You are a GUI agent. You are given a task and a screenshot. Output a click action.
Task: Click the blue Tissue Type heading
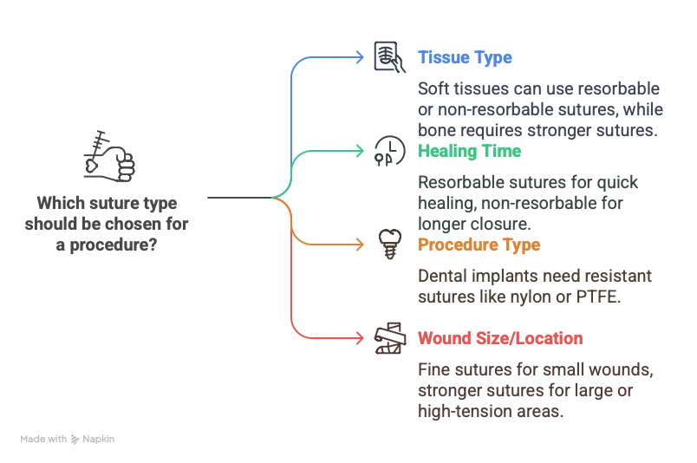[x=465, y=58]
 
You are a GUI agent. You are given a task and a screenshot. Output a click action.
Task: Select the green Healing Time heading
[x=469, y=151]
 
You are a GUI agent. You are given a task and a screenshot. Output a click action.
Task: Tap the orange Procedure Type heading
[x=479, y=245]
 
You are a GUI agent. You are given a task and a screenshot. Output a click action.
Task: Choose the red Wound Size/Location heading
[x=500, y=338]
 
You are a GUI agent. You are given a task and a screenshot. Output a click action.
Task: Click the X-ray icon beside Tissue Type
[x=389, y=57]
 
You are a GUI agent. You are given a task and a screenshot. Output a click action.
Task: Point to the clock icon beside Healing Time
[x=389, y=151]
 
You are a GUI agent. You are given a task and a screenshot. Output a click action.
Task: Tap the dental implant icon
[x=390, y=244]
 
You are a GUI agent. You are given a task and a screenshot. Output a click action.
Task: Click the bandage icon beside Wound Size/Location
[x=390, y=338]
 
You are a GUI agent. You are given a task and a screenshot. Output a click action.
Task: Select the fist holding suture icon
[x=109, y=156]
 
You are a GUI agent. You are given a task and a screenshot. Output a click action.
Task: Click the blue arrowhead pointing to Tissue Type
[x=361, y=57]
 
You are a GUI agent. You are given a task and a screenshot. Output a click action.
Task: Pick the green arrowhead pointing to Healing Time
[x=361, y=151]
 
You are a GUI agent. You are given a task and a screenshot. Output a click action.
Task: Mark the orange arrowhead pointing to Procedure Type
[x=361, y=245]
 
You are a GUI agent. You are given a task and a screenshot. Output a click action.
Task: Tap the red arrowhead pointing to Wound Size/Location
[x=361, y=338]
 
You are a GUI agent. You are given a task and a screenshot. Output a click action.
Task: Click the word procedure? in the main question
[x=114, y=245]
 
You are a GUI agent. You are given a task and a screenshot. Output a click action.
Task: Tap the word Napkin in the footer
[x=98, y=440]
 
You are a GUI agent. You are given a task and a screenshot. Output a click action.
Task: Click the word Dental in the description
[x=442, y=277]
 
